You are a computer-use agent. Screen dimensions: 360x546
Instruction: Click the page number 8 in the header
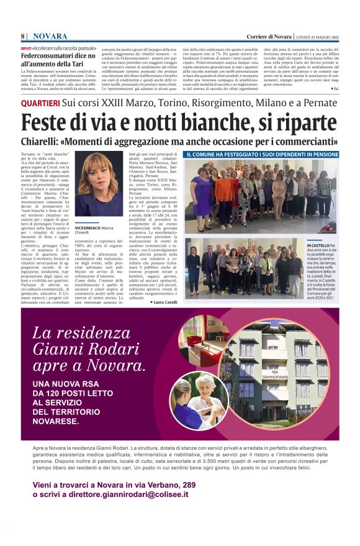(22, 36)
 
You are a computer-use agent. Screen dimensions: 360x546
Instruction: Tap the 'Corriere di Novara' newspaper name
(268, 36)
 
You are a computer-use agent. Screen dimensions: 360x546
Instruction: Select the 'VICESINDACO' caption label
(87, 228)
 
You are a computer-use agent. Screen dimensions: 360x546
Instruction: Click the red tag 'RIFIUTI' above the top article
(29, 48)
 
